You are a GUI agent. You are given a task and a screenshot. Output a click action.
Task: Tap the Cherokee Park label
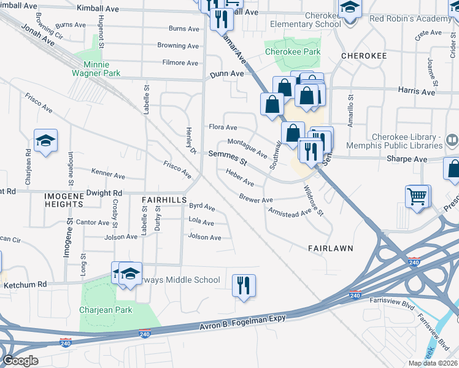click(x=293, y=52)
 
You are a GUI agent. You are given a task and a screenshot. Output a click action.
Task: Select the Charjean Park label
click(x=106, y=310)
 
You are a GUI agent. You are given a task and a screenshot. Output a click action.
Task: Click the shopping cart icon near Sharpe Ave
click(x=417, y=197)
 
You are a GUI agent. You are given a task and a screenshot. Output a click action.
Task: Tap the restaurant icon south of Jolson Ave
click(x=244, y=286)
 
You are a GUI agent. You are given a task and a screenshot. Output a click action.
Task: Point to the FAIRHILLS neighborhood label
click(x=164, y=200)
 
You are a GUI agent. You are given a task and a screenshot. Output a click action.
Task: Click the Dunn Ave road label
click(x=227, y=74)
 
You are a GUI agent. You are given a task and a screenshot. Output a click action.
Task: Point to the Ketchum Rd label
click(x=25, y=285)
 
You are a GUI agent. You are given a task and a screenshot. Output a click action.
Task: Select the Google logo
click(x=20, y=361)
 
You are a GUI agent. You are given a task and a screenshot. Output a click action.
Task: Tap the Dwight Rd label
click(x=105, y=193)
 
